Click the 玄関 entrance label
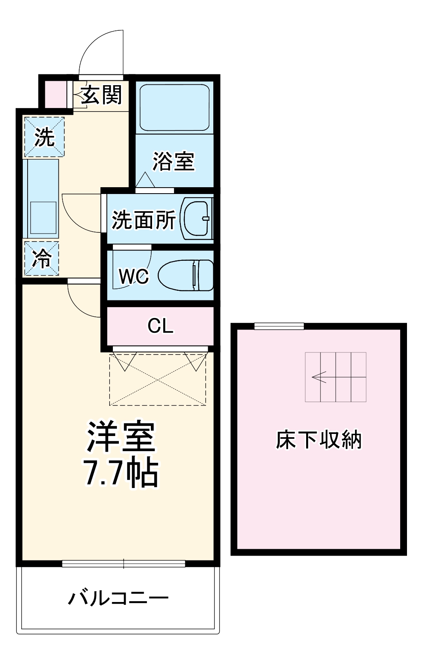pyautogui.click(x=102, y=95)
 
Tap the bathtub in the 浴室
pyautogui.click(x=174, y=107)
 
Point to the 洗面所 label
pyautogui.click(x=143, y=220)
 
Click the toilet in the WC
pyautogui.click(x=186, y=275)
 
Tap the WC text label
pyautogui.click(x=134, y=276)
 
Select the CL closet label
pyautogui.click(x=160, y=326)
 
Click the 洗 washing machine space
pyautogui.click(x=44, y=137)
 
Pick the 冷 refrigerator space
pyautogui.click(x=41, y=258)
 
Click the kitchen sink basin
pyautogui.click(x=43, y=217)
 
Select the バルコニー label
pyautogui.click(x=118, y=598)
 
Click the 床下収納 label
pyautogui.click(x=319, y=440)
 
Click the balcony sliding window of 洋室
pyautogui.click(x=123, y=564)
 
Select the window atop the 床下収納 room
pyautogui.click(x=279, y=326)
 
